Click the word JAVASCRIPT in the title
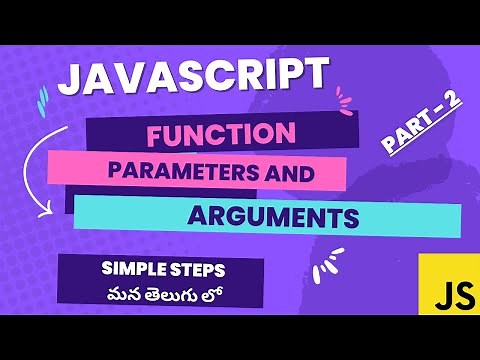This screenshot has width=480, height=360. [192, 77]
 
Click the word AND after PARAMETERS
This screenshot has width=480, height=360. [291, 172]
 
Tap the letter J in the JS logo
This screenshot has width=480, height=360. [436, 293]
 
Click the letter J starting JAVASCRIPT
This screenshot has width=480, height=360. [72, 78]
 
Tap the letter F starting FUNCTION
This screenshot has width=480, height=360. [156, 134]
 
